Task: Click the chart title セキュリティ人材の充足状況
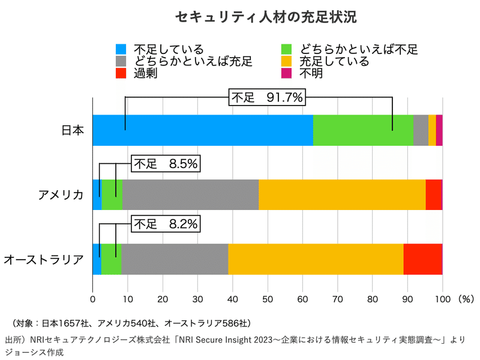tap(266, 17)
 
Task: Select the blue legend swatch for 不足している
tap(121, 49)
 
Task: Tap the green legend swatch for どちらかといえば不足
tap(287, 49)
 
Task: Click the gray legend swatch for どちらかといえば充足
tap(121, 61)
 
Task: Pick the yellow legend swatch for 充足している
tap(287, 61)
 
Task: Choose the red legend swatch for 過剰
tap(121, 73)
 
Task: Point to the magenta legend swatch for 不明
tap(287, 73)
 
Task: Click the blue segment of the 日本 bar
tap(203, 130)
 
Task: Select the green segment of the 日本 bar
tap(364, 130)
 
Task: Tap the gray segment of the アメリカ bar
tap(190, 194)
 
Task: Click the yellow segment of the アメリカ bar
tap(342, 194)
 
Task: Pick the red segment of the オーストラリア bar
tap(423, 259)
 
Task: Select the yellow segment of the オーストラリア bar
tap(316, 259)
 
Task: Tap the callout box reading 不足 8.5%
tap(165, 163)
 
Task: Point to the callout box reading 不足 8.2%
tap(165, 224)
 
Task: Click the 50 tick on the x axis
tap(268, 298)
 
